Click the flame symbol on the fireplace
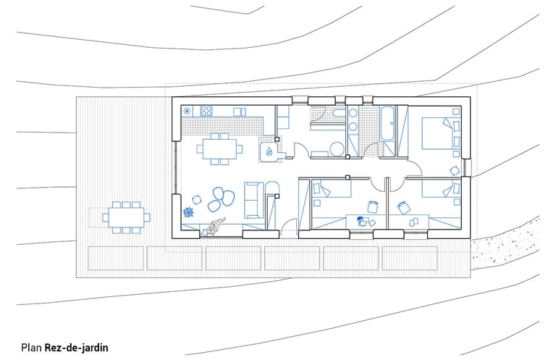pyautogui.click(x=269, y=152)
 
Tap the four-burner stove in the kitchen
pyautogui.click(x=205, y=112)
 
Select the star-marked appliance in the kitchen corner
pyautogui.click(x=188, y=112)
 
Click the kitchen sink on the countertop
pyautogui.click(x=240, y=112)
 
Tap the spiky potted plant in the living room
pyautogui.click(x=189, y=213)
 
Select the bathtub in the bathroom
pyautogui.click(x=387, y=124)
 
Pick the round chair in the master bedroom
pyautogui.click(x=454, y=171)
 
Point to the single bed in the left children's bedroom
pyautogui.click(x=329, y=194)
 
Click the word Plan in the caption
pyautogui.click(x=31, y=347)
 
